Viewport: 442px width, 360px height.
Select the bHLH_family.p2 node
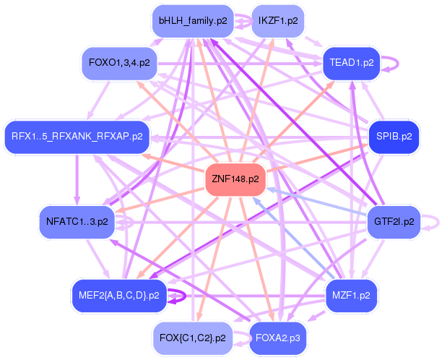193,21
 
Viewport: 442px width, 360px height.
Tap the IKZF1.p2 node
277,21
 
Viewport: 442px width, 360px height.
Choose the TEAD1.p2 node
351,62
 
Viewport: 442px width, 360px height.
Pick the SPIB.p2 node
394,135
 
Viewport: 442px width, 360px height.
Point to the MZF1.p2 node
351,295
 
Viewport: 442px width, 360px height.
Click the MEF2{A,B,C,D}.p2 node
119,295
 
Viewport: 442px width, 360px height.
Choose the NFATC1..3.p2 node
77,221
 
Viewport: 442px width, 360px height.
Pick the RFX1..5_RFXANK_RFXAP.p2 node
77,135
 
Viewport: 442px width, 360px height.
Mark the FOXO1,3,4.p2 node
119,62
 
